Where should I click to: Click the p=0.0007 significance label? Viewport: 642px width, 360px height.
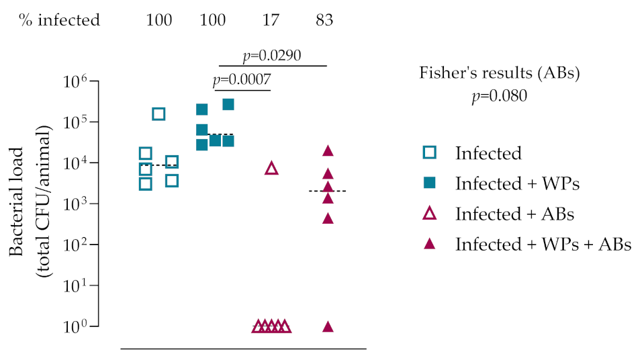[242, 81]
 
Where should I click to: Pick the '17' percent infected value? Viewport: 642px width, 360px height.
[271, 20]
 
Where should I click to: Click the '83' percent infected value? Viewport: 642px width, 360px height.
[324, 20]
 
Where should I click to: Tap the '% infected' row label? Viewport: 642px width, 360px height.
[59, 20]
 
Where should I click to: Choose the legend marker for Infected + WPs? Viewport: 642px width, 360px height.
[430, 183]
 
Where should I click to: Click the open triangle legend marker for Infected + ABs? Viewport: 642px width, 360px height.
[430, 214]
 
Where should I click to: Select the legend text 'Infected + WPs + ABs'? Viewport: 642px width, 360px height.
[543, 244]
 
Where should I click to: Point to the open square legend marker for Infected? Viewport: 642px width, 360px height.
[430, 153]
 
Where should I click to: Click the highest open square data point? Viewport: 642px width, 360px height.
[158, 114]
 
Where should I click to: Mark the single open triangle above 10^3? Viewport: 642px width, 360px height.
[271, 168]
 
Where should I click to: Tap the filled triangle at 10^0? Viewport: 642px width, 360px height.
[328, 326]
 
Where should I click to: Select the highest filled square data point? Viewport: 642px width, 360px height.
[228, 104]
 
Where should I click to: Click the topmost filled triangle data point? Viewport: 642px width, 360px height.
[328, 151]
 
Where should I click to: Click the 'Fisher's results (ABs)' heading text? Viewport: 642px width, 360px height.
[499, 73]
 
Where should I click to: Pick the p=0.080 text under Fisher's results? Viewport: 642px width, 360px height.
[499, 96]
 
